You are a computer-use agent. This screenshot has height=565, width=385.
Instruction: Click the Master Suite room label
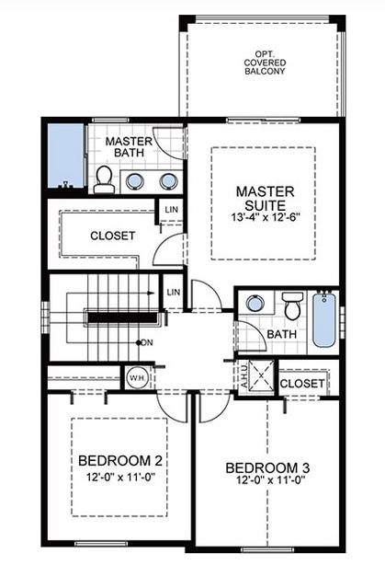pyautogui.click(x=264, y=199)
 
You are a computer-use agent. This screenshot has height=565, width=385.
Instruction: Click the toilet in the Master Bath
pyautogui.click(x=104, y=180)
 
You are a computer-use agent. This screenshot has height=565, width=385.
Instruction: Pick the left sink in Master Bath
pyautogui.click(x=135, y=180)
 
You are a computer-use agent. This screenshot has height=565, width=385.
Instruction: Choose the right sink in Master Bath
pyautogui.click(x=167, y=180)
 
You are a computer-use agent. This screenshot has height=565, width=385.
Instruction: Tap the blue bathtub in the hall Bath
pyautogui.click(x=323, y=319)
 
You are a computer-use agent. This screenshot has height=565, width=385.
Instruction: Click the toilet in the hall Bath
pyautogui.click(x=292, y=305)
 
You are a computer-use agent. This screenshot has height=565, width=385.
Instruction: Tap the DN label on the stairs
pyautogui.click(x=146, y=343)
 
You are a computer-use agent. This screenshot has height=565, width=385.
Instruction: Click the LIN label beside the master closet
pyautogui.click(x=171, y=211)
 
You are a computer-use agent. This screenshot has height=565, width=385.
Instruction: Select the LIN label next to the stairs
pyautogui.click(x=173, y=293)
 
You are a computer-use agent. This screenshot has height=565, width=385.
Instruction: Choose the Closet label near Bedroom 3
pyautogui.click(x=300, y=383)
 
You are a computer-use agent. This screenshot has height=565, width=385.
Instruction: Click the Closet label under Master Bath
pyautogui.click(x=112, y=236)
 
